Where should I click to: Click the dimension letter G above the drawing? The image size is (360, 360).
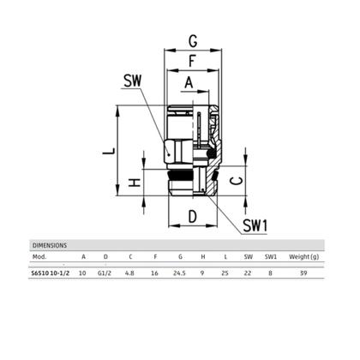coord(194,39)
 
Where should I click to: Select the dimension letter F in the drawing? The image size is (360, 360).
coord(194,61)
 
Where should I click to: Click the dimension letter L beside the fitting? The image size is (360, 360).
coord(107,151)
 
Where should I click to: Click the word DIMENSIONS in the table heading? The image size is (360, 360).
coord(50,244)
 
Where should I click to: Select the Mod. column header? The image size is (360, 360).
coord(39,255)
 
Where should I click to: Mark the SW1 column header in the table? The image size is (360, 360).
coord(271,255)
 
